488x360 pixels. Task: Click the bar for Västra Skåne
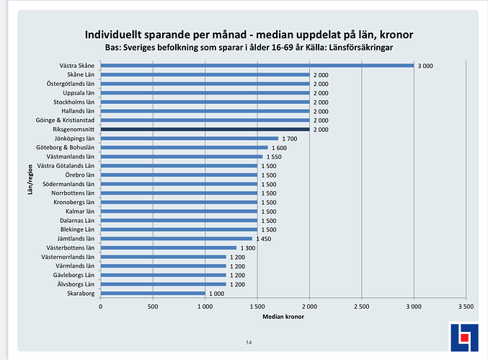[x=257, y=66]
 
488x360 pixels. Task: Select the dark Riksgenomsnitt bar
[x=205, y=129]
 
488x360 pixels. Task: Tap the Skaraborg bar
[x=153, y=293]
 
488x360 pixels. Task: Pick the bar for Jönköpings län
[x=189, y=139]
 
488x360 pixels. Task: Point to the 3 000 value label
[x=425, y=66]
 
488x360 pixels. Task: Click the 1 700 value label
[x=290, y=139]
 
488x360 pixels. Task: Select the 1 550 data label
[x=274, y=157]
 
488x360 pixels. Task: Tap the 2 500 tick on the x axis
[x=362, y=306]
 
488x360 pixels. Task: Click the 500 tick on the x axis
[x=153, y=306]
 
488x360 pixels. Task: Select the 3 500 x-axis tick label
[x=466, y=306]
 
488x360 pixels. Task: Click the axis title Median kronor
[x=283, y=317]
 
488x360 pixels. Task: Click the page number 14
[x=249, y=342]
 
